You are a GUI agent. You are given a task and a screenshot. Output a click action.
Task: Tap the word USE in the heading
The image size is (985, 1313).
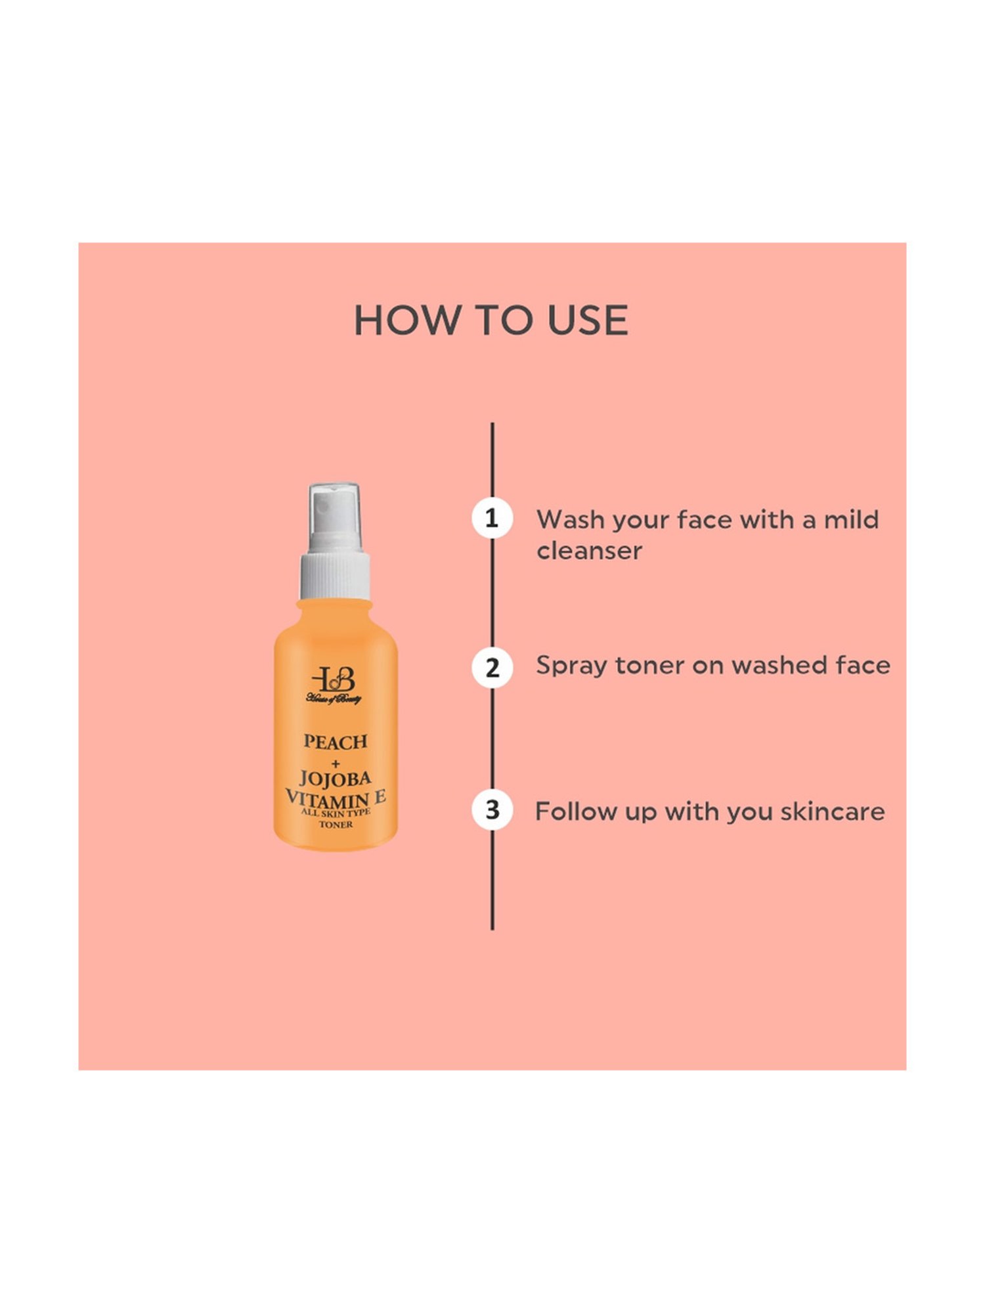click(588, 320)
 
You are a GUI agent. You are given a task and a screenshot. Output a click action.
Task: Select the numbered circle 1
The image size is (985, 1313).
click(492, 519)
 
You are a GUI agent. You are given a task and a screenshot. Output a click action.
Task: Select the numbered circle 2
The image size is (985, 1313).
click(492, 668)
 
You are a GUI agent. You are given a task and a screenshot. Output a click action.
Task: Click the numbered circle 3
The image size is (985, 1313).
click(492, 810)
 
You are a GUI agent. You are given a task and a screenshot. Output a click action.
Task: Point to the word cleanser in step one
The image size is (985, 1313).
click(589, 551)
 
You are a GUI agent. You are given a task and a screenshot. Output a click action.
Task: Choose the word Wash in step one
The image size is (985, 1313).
click(569, 519)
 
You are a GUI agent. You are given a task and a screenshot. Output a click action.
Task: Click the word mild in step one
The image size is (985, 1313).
click(851, 519)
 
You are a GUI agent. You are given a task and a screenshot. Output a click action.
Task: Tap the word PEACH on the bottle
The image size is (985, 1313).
click(335, 742)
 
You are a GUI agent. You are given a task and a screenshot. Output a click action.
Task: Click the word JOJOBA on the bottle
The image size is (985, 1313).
click(335, 779)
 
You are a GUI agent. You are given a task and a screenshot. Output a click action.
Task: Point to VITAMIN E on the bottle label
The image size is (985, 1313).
click(336, 799)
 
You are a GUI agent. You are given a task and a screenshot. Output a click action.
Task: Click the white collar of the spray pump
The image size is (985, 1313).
click(335, 576)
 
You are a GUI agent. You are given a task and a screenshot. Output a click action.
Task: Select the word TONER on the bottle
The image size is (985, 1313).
click(336, 825)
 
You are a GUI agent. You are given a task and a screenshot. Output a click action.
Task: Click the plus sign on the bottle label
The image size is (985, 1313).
click(336, 763)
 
